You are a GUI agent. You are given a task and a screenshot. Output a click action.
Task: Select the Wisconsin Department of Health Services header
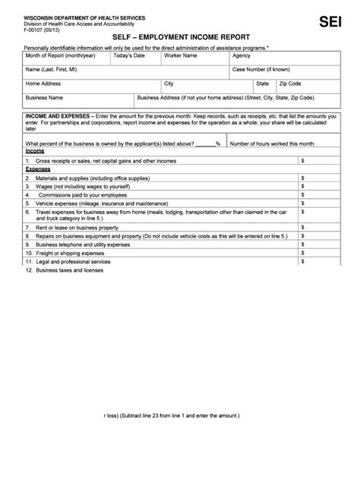point(74,16)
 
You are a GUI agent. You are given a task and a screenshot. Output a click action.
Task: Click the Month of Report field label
point(55,55)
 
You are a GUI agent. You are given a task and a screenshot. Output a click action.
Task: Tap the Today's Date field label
point(129,55)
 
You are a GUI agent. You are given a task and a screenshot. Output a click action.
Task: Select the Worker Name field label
point(181,55)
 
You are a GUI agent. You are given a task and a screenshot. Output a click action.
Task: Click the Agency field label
point(242,55)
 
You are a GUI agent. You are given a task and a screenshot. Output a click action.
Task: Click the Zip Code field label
point(290,83)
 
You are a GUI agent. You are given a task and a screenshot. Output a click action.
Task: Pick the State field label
point(263,83)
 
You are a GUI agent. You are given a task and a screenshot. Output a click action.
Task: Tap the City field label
point(169,83)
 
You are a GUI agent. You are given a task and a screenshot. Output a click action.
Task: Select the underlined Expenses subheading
point(37,169)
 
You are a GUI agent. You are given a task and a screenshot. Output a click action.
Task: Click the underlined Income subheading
point(35,151)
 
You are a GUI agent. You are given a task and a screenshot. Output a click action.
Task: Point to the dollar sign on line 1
point(303,161)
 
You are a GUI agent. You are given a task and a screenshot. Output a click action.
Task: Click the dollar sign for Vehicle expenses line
point(303,203)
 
